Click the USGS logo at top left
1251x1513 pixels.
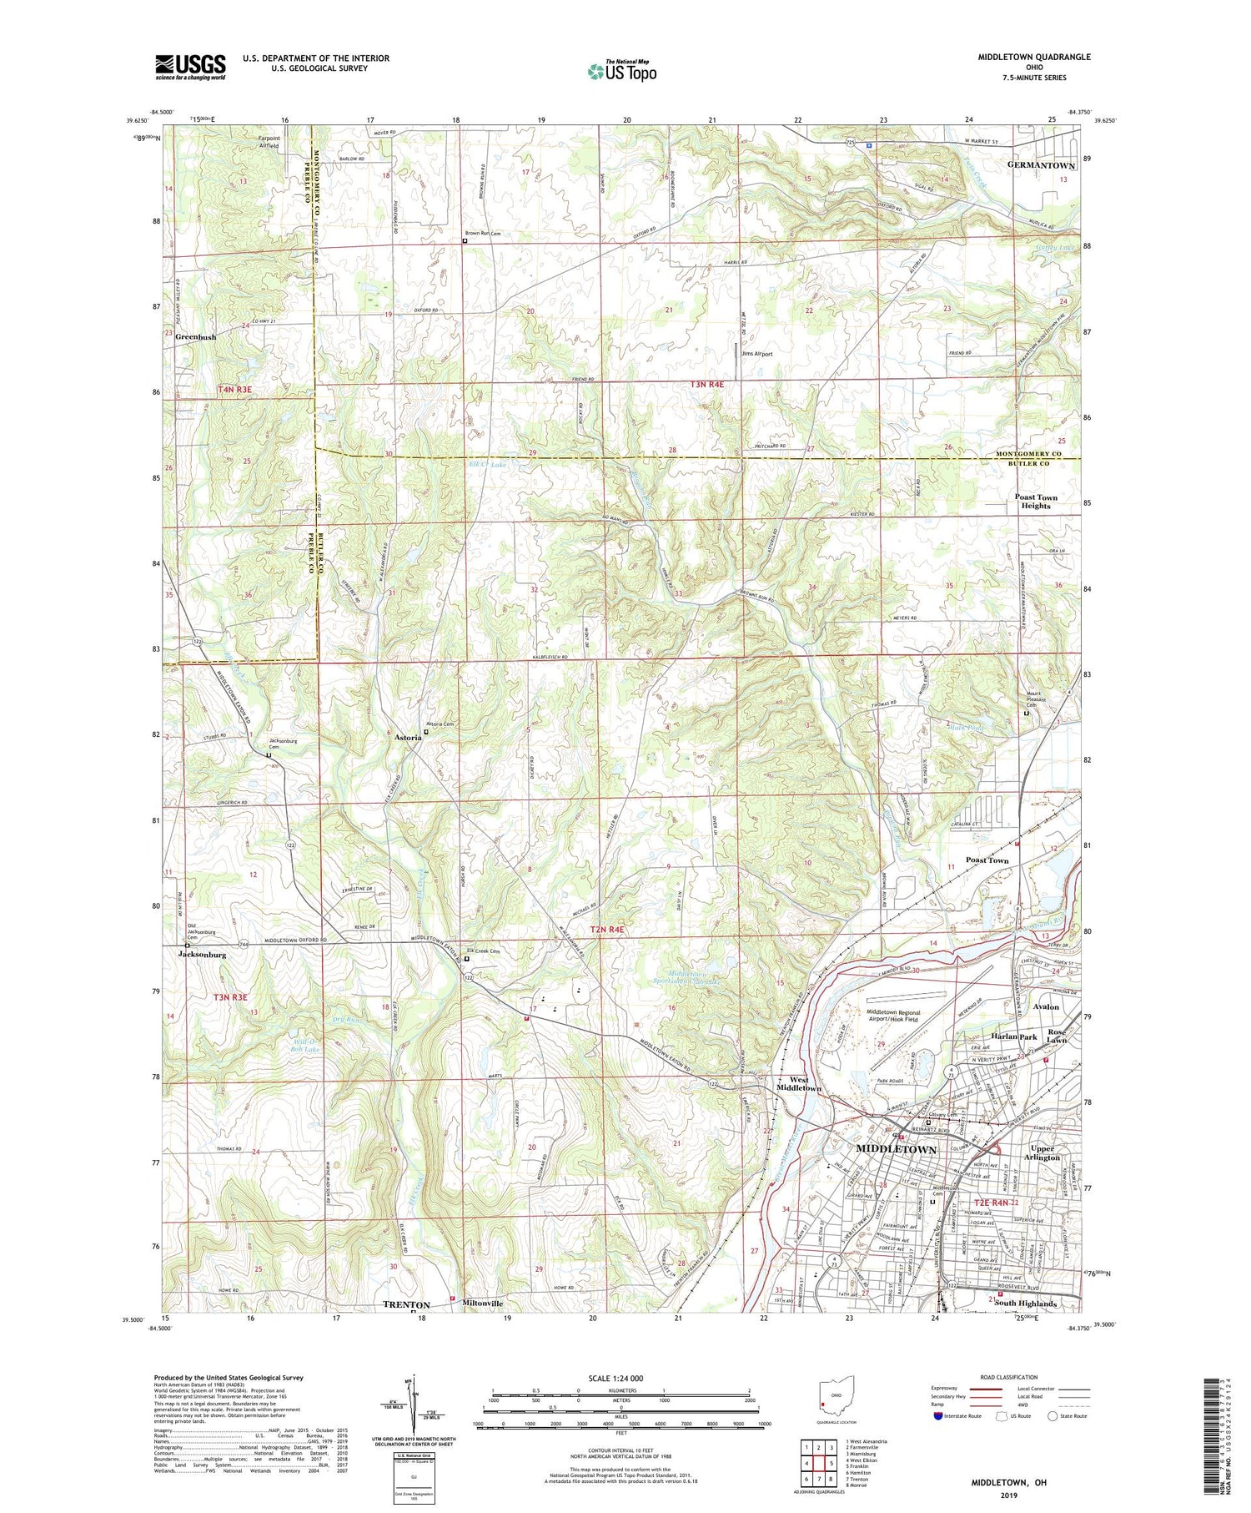tap(190, 67)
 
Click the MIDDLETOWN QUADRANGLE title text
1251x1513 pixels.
tap(1034, 58)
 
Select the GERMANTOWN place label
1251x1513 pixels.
tap(1041, 165)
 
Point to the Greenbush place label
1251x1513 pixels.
tap(195, 337)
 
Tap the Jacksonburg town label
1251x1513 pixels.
tap(202, 955)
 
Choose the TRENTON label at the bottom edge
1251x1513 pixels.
tap(406, 1304)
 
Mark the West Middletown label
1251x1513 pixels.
tap(799, 1084)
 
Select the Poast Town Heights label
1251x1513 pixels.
tap(1036, 501)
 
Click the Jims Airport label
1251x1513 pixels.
tap(756, 354)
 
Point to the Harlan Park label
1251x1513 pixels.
tap(1017, 1036)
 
